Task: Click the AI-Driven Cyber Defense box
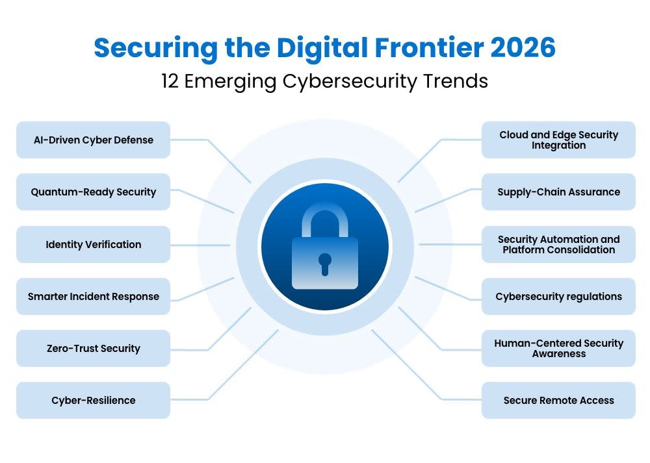click(93, 140)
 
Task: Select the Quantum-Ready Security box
click(93, 192)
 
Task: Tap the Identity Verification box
click(93, 244)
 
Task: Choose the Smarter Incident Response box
click(93, 296)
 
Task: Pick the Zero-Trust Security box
click(93, 348)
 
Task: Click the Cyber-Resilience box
click(93, 400)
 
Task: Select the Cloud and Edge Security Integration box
click(558, 140)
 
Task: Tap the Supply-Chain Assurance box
click(558, 192)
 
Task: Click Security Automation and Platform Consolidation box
click(558, 244)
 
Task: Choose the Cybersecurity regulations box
click(558, 296)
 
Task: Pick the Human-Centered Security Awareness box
click(558, 348)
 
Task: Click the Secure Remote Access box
click(558, 400)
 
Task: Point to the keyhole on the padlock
click(325, 262)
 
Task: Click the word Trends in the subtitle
click(460, 82)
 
